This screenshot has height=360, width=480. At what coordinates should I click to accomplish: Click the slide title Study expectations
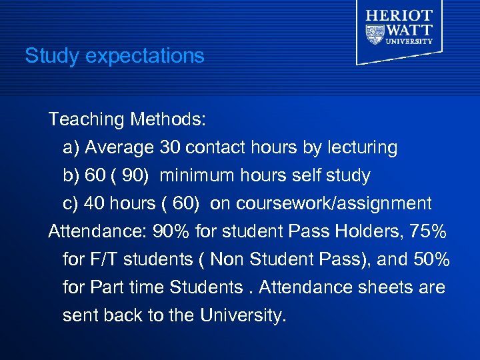[114, 55]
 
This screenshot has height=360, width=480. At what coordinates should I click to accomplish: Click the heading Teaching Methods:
[127, 120]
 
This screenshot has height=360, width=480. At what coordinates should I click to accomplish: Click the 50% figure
[429, 259]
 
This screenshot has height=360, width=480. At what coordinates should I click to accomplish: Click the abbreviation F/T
[100, 259]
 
